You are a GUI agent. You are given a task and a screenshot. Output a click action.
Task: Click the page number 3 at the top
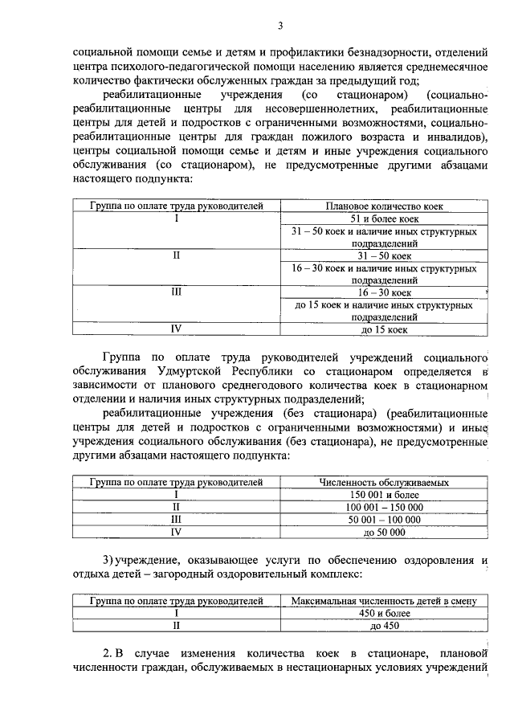point(280,25)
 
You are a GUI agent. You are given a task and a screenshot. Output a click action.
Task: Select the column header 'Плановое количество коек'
point(384,206)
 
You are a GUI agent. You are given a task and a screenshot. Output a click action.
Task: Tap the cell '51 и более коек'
point(384,219)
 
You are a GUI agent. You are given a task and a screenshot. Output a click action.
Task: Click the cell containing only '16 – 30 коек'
point(384,293)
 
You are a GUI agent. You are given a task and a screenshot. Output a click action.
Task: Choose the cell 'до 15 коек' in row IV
point(384,329)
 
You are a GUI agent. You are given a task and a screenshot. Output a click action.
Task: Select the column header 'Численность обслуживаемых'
point(384,483)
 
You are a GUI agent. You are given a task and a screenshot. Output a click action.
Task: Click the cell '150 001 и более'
point(384,495)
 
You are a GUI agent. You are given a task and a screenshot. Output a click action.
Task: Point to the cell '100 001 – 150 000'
point(384,507)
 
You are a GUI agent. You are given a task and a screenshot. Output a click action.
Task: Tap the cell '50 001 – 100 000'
point(384,519)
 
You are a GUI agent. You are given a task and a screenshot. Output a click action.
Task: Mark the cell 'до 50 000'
point(384,532)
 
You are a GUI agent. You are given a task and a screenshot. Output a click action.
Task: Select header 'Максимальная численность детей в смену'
point(384,600)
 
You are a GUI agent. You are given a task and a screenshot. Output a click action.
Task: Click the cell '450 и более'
point(384,612)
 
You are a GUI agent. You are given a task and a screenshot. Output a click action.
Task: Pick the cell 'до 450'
point(384,625)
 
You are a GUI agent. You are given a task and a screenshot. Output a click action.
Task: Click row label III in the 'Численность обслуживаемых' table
point(177,519)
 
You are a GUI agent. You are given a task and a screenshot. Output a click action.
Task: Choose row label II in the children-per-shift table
point(177,625)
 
